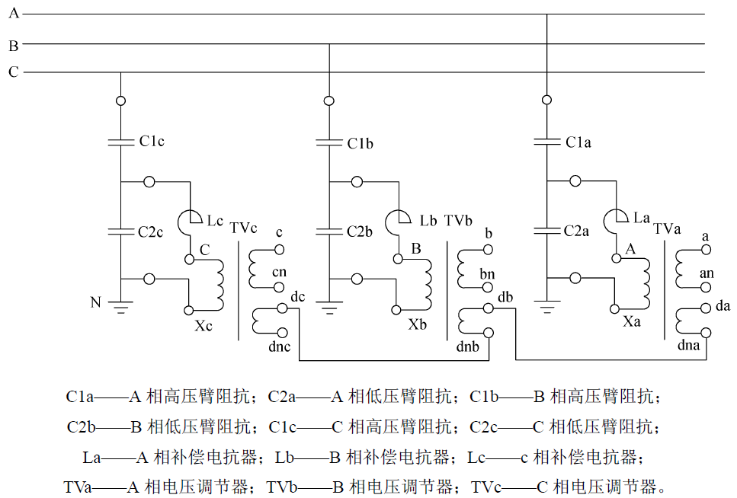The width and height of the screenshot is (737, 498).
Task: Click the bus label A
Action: pos(14,14)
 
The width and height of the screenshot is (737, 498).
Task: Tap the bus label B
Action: pos(14,45)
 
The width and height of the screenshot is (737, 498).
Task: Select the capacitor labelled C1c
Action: pos(120,142)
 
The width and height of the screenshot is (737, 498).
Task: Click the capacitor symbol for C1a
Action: pos(546,142)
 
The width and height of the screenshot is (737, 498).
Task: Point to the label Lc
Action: pos(215,221)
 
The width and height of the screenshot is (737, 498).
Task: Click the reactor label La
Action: pos(642,218)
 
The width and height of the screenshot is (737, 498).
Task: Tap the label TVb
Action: pos(459,220)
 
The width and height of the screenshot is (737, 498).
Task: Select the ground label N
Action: pos(95,302)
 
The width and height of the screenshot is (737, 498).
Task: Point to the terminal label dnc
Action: pos(280,348)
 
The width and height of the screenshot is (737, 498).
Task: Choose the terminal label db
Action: pos(505,297)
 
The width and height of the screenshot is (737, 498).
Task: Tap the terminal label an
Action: pos(707,271)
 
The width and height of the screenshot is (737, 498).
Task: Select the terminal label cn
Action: pos(280,272)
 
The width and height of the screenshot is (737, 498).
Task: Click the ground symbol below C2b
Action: pos(329,309)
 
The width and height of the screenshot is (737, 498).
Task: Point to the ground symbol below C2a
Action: pos(546,308)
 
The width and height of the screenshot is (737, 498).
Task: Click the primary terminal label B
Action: pos(415,248)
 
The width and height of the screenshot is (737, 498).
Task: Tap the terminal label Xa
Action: pos(632,323)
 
